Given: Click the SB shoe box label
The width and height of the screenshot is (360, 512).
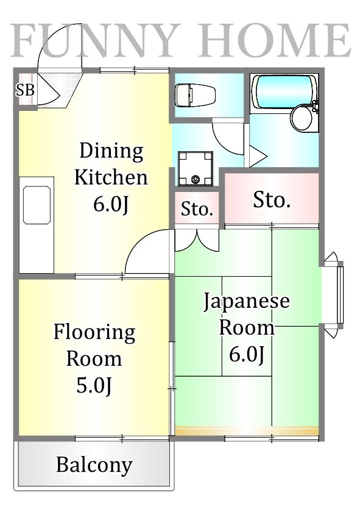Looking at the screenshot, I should (25, 91).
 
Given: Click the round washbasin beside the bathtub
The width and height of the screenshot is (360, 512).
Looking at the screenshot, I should (302, 118).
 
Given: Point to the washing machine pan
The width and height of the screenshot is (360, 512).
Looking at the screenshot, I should (195, 168).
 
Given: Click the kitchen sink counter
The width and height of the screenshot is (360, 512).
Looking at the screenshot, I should (36, 226).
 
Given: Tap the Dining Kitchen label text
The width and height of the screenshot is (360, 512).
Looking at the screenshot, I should (111, 164).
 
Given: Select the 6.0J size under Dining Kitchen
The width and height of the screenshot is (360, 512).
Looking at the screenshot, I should (111, 205).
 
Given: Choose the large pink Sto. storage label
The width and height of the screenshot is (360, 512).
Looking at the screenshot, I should (271, 199).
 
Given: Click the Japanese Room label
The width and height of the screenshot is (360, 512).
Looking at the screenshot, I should (246, 314).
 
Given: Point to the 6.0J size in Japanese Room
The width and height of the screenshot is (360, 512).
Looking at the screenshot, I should (246, 354).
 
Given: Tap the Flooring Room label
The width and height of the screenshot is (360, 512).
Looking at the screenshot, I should (94, 345).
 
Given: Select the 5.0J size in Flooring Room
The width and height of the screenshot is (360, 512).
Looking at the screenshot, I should (94, 385).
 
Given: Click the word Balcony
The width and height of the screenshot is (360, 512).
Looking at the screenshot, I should (94, 465).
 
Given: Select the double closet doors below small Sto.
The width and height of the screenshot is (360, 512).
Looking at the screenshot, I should (197, 240).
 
